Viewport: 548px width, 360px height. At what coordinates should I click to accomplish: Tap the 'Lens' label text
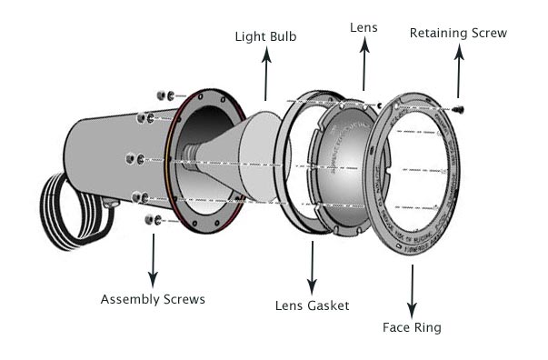[x=363, y=28]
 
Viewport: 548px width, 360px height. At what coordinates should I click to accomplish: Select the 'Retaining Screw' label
[x=457, y=34]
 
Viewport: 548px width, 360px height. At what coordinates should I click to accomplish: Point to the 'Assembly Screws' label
[x=153, y=299]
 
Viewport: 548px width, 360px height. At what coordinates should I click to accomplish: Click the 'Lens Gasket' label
[x=312, y=305]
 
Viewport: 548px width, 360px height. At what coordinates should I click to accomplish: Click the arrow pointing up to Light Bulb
[x=266, y=73]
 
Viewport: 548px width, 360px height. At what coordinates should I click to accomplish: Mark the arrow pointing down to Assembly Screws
[x=153, y=259]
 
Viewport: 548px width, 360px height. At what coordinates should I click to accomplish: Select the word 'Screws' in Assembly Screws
[x=184, y=299]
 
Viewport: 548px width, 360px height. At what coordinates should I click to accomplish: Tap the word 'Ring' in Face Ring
[x=428, y=327]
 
